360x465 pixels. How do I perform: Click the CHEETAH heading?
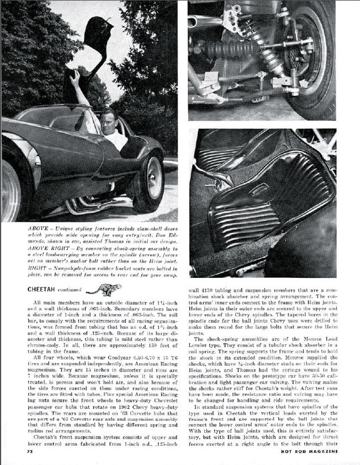click(44, 290)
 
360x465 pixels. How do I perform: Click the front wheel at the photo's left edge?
click(11, 187)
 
